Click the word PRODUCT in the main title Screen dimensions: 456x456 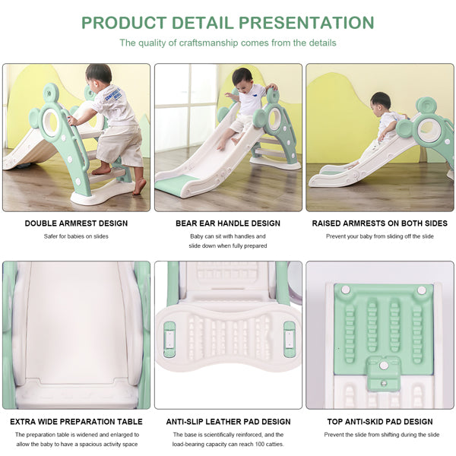pos(124,23)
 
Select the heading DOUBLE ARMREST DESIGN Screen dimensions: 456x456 pos(76,223)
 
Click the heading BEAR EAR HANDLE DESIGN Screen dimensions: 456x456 pos(228,223)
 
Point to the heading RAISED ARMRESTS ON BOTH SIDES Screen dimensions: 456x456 pos(379,223)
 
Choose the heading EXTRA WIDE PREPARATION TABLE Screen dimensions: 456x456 pos(76,422)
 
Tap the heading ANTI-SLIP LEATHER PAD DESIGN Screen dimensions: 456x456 pos(228,422)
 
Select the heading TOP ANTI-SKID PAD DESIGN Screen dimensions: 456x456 pos(380,422)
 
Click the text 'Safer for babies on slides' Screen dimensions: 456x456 pos(76,236)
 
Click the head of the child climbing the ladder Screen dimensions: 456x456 pos(99,76)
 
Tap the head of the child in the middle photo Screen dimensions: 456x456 pos(242,79)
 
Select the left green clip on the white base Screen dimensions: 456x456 pos(169,339)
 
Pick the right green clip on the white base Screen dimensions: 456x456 pos(290,339)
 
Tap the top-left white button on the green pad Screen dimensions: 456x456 pos(346,290)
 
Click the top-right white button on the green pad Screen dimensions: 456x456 pos(422,290)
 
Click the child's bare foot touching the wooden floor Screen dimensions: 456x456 pos(140,186)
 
